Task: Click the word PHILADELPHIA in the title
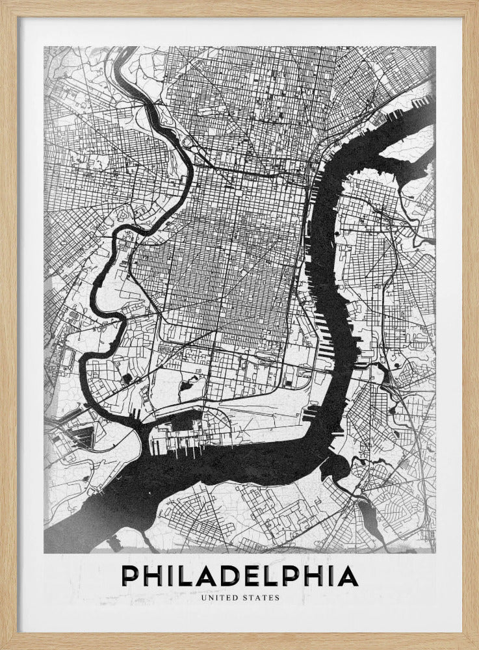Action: click(239, 576)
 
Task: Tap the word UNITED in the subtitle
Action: click(220, 597)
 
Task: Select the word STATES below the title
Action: click(261, 597)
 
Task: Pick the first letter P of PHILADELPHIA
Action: click(129, 576)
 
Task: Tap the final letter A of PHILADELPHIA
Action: click(348, 576)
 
